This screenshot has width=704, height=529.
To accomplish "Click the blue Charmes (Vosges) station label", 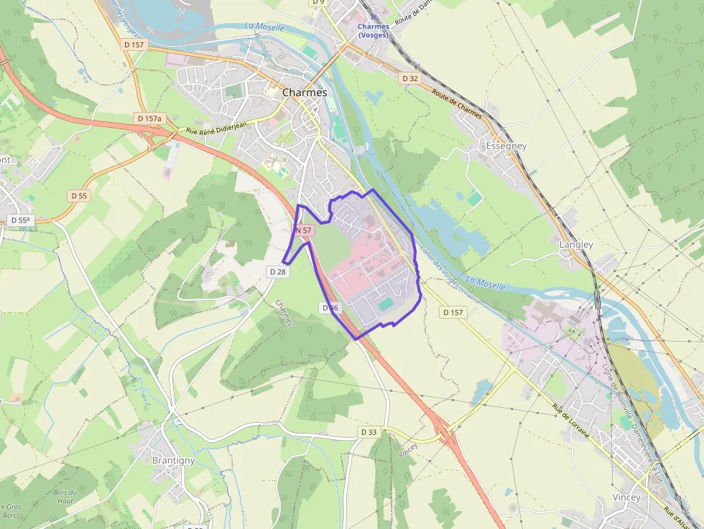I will coord(373,31).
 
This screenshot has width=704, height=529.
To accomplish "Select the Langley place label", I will coord(576,244).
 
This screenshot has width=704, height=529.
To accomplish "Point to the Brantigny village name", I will coord(173,460).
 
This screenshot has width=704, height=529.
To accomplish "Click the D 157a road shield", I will coord(149,118).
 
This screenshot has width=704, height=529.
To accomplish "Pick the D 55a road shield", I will coord(20,220).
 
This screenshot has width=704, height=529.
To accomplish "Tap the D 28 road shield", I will coord(277,271).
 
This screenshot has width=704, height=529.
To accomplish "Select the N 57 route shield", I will coord(304,230).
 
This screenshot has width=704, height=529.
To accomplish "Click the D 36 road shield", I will coord(330,308).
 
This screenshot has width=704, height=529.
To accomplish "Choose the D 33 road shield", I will coord(368,431).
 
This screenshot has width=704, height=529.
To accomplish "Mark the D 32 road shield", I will coord(410,78).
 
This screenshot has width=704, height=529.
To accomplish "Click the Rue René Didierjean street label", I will coord(216,127).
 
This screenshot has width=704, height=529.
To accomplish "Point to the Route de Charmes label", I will coord(458,103).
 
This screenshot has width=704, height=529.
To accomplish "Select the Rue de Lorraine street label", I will coord(571,421).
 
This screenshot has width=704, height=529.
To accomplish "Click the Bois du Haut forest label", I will coord(65,496).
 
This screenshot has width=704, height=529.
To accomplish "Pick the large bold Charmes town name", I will coord(305,93).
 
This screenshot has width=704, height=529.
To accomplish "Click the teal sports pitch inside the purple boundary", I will coord(386,305).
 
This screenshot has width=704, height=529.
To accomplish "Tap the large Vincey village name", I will coord(626,497).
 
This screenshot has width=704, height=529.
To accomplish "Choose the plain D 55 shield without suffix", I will coord(79,195).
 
